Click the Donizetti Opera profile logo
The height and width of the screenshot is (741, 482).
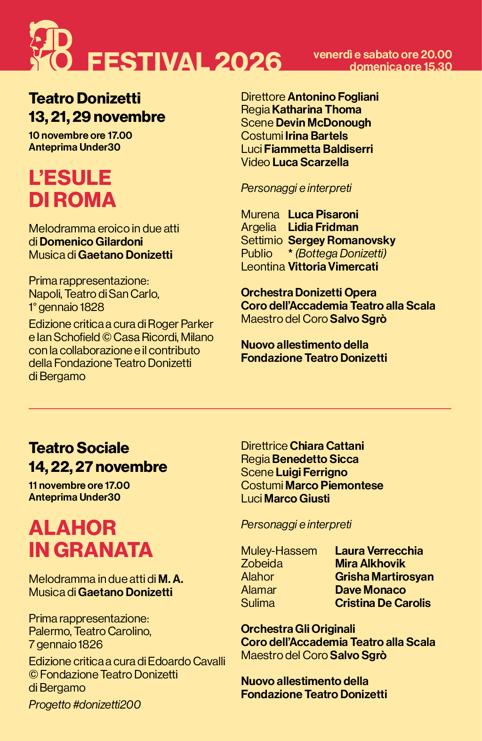51,46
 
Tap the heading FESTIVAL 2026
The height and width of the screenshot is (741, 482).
185,62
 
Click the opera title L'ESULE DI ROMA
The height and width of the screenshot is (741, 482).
72,189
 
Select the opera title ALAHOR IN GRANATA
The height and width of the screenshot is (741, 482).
90,539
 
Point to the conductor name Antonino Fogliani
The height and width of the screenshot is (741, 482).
333,97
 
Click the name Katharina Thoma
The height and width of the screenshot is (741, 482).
316,110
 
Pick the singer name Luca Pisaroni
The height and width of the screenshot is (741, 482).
323,215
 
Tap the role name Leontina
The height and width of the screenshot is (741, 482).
263,267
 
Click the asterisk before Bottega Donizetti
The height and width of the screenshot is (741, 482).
290,253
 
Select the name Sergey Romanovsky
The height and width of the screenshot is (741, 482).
341,240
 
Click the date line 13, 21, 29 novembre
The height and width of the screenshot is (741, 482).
97,117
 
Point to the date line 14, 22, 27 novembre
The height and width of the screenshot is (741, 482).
98,467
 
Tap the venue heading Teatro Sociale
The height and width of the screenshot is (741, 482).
79,448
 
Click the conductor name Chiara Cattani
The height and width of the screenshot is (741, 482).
327,446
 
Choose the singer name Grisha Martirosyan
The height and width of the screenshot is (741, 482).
384,577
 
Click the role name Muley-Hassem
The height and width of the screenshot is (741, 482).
279,551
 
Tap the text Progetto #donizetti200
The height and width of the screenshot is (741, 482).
85,704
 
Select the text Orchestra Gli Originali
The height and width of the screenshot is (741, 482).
298,629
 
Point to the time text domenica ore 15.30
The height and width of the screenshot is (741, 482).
400,66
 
